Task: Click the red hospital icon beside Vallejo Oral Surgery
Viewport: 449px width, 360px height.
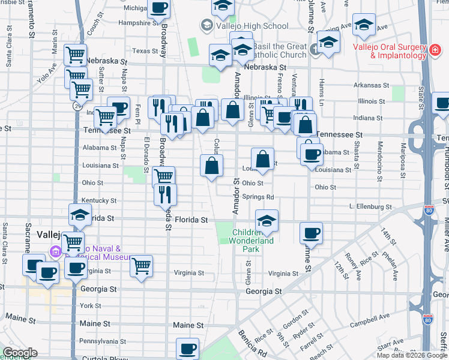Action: click(x=433, y=52)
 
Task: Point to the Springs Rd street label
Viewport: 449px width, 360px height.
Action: click(x=258, y=197)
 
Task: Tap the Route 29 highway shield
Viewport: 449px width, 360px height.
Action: click(x=77, y=106)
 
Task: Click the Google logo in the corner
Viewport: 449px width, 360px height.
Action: click(x=20, y=353)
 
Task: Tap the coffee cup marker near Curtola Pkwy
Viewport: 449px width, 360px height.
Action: click(x=187, y=348)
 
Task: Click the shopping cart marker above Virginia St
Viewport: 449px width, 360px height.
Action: click(x=141, y=265)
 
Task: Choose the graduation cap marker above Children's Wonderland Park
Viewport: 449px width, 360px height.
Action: click(x=267, y=220)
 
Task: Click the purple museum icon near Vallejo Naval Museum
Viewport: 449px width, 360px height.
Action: click(x=56, y=251)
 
